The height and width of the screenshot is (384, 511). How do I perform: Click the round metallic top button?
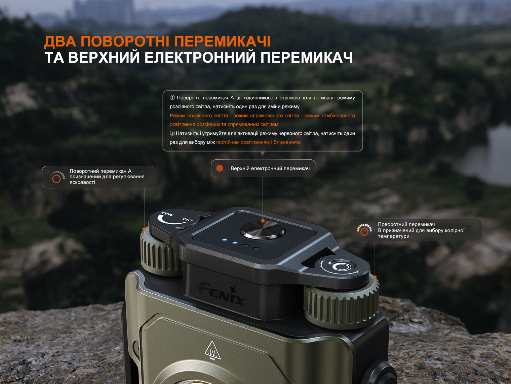(x=263, y=230)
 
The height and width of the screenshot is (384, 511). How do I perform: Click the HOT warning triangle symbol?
(x=212, y=350)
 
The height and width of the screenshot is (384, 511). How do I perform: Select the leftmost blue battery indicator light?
(x=225, y=239)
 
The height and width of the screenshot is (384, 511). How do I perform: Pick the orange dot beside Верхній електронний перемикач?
(x=220, y=168)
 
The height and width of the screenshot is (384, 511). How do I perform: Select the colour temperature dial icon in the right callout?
(x=364, y=230)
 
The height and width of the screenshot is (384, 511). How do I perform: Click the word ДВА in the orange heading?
(x=60, y=41)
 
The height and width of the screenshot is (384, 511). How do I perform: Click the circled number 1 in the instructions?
(x=172, y=97)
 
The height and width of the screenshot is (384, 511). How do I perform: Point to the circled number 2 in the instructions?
(x=172, y=133)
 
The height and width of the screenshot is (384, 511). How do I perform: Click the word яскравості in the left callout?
(x=82, y=182)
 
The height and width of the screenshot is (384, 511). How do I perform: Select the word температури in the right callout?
(x=393, y=236)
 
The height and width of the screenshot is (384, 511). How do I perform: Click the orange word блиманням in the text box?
(x=287, y=142)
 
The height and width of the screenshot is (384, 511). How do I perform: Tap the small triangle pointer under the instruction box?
(x=262, y=153)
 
